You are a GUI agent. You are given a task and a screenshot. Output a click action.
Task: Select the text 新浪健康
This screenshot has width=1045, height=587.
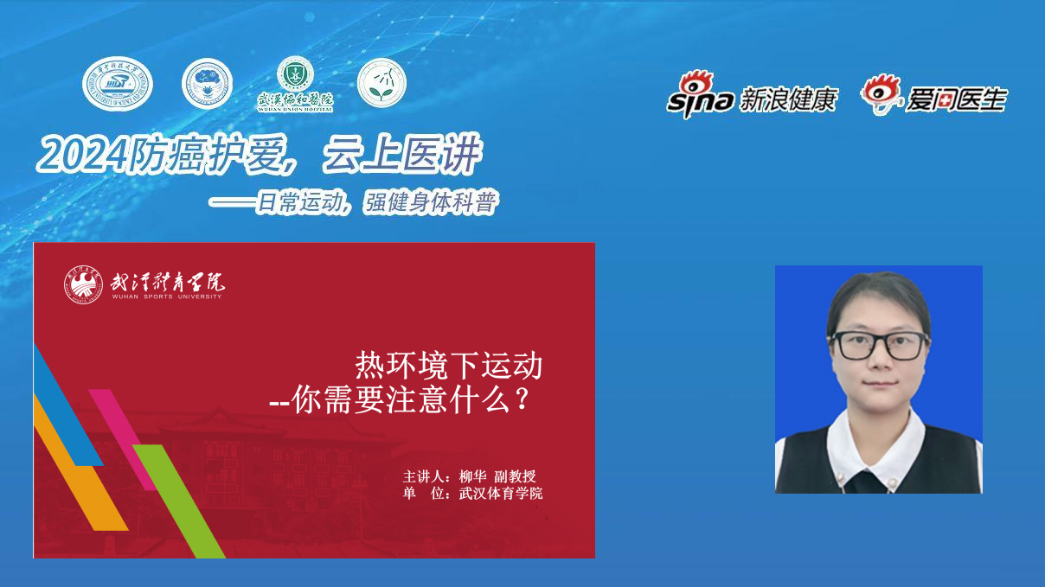tap(788, 100)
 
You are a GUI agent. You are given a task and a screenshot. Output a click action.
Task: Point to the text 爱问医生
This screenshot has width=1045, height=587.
tap(957, 100)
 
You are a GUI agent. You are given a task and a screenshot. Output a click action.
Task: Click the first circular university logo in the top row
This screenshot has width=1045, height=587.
tap(117, 85)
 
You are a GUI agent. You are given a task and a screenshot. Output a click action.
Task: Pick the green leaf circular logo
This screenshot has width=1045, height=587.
tap(381, 83)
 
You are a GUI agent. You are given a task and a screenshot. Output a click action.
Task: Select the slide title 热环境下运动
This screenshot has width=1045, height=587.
tap(449, 366)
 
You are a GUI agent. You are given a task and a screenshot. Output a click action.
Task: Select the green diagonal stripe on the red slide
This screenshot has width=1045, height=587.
tap(177, 501)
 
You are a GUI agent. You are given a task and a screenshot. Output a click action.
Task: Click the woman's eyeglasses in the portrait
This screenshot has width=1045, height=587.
tap(879, 345)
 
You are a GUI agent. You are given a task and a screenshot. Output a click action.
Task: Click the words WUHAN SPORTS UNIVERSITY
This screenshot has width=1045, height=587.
tap(166, 296)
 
